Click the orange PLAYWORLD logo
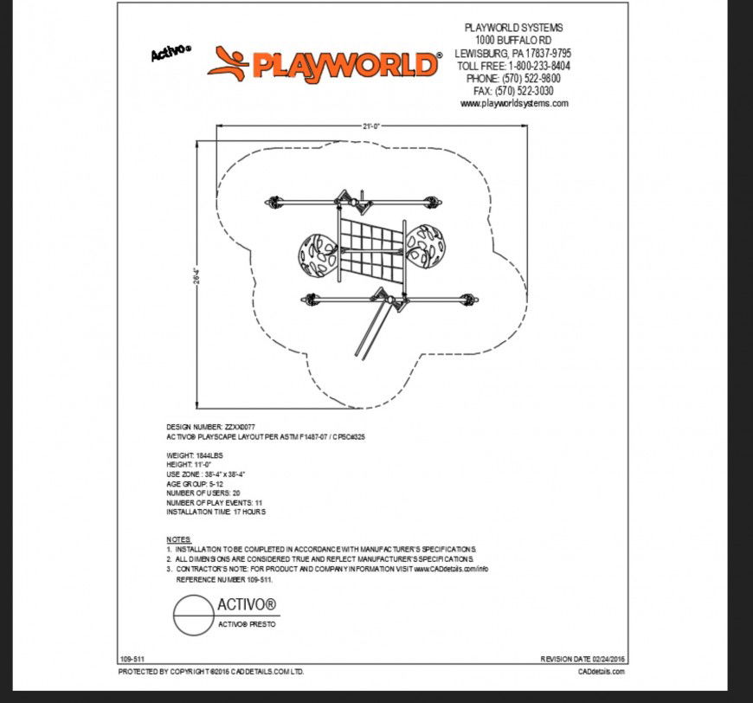pos(325,64)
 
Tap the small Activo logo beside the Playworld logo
pos(171,54)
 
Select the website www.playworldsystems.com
pos(514,104)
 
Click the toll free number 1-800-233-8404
pos(537,66)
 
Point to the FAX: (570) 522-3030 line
pos(513,91)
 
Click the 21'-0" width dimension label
pos(372,126)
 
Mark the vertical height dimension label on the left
pos(198,275)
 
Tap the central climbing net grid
pos(370,249)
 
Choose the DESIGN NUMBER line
pos(211,428)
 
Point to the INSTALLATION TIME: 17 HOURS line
pos(216,512)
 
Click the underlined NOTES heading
pos(178,539)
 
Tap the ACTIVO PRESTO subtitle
pos(247,624)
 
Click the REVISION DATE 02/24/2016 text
pos(582,659)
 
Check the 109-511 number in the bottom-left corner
pos(132,659)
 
